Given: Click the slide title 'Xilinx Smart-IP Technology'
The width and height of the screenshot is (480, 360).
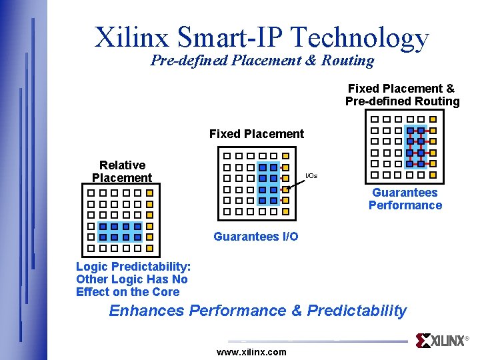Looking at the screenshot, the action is point(261,37).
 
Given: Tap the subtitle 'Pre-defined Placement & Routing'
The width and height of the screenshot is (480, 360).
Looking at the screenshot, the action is point(262,61).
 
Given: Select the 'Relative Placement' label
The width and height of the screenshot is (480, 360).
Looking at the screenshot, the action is point(122,171).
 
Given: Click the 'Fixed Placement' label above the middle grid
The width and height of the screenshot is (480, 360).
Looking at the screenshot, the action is point(256,134).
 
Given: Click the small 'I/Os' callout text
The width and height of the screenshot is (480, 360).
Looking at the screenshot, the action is point(311,176).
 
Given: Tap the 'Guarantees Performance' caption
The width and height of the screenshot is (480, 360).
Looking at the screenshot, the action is point(405,199).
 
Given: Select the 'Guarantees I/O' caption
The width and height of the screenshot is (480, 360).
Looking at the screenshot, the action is point(255,237).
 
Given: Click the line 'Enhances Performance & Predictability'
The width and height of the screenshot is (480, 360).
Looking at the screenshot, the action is point(257,311).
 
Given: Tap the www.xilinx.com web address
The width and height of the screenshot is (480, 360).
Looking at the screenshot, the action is point(251,352).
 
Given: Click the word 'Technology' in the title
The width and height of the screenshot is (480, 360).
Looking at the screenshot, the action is point(363,37).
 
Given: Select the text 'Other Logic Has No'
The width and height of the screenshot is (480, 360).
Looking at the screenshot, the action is point(132,279).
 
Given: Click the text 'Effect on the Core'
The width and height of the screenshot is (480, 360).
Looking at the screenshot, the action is point(128,292).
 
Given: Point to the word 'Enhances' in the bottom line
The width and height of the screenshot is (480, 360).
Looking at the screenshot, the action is point(147,311).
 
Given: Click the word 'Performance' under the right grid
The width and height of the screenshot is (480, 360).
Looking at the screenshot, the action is point(405,205).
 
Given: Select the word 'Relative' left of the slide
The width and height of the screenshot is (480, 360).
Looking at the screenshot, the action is point(122,165).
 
